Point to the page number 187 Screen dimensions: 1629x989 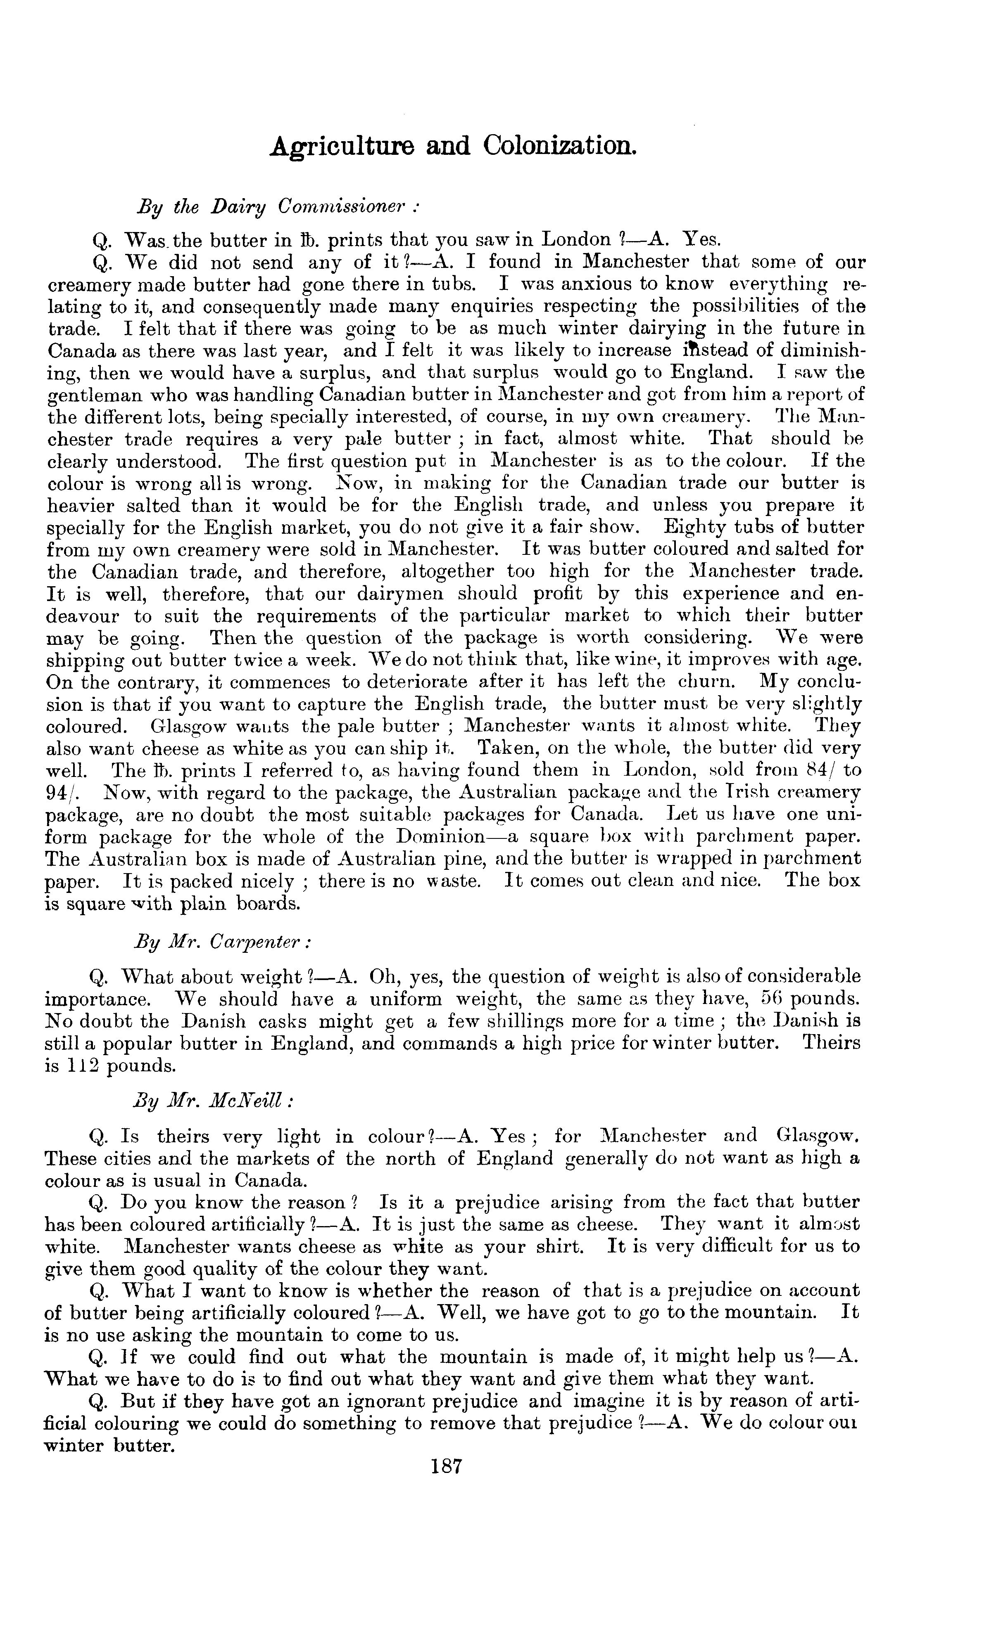click(x=445, y=1466)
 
